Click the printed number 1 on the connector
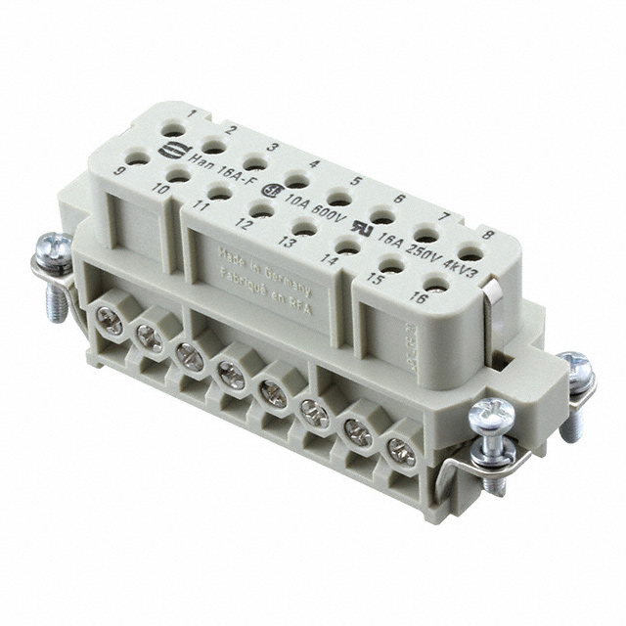pyautogui.click(x=192, y=115)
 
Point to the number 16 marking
pyautogui.click(x=419, y=297)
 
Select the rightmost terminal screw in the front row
pyautogui.click(x=401, y=451)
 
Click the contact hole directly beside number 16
pyautogui.click(x=437, y=285)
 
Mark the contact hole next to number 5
pyautogui.click(x=339, y=199)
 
